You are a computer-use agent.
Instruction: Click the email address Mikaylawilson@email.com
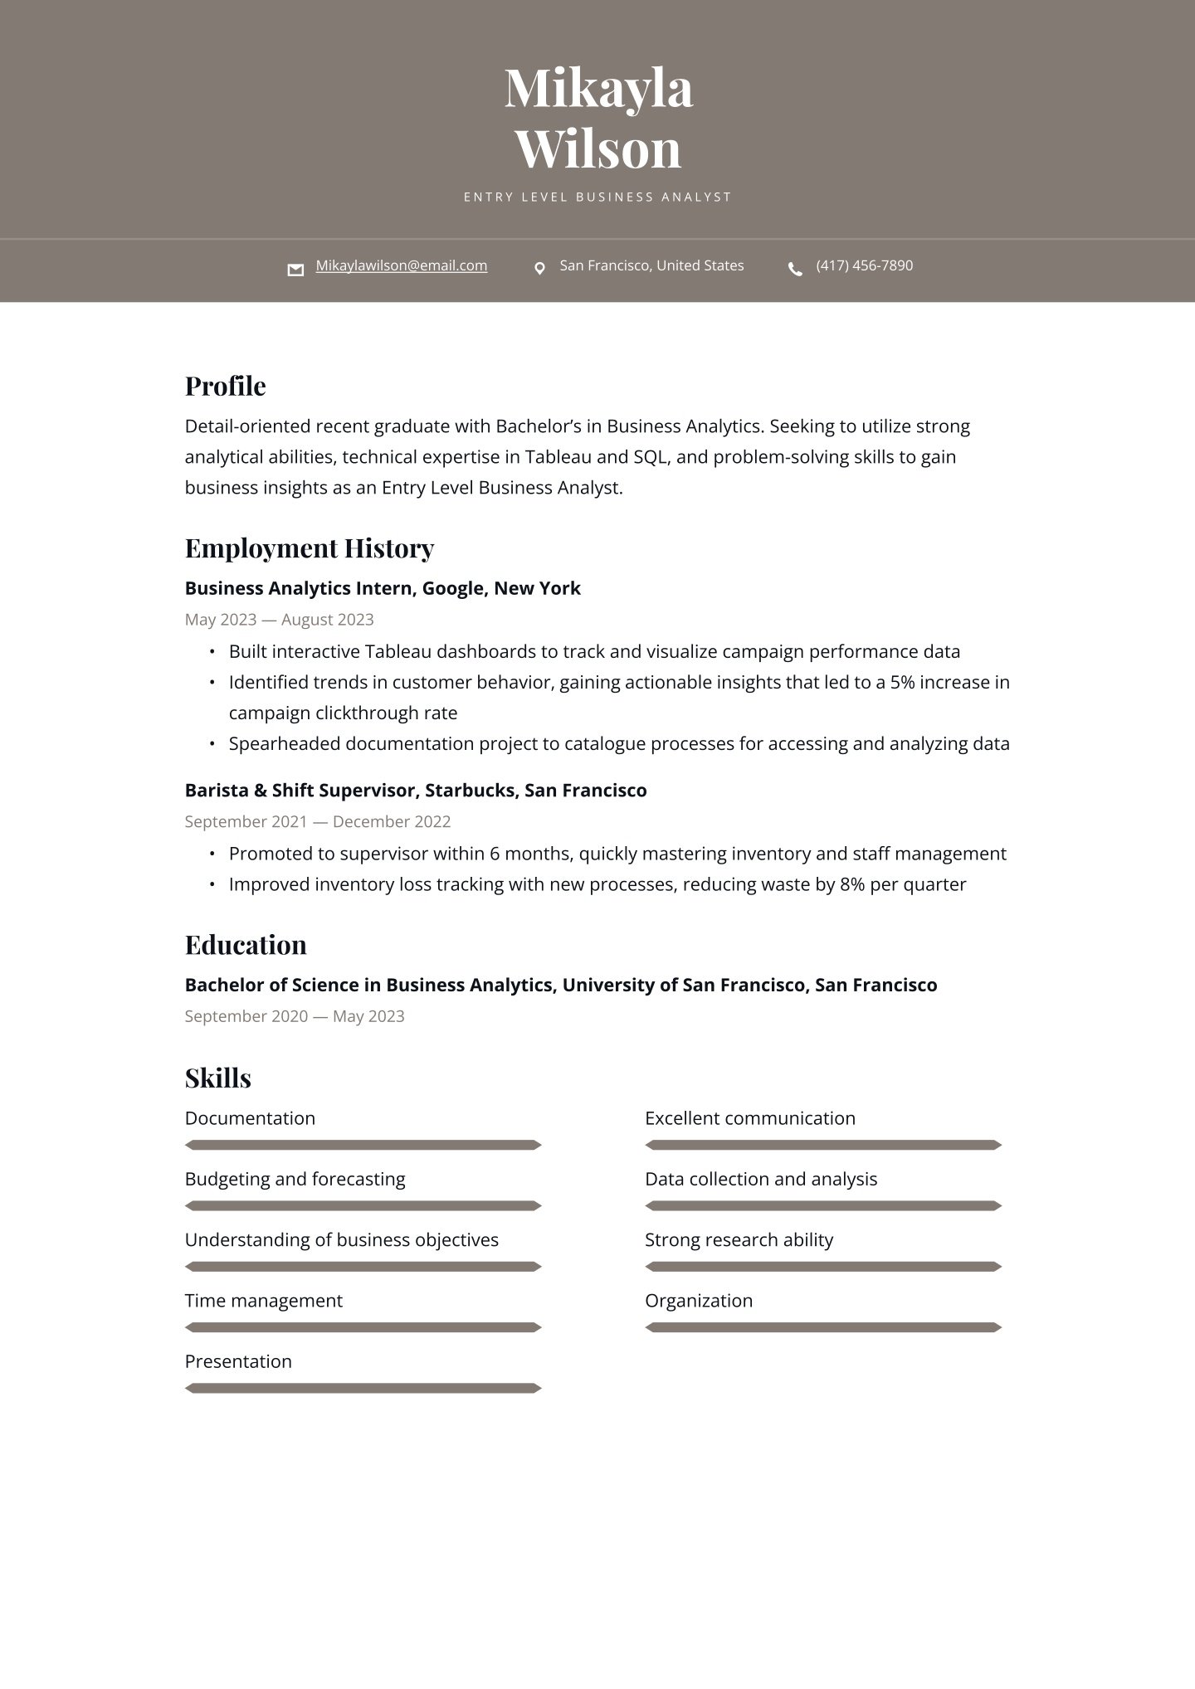pyautogui.click(x=401, y=265)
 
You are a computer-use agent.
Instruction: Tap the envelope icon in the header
pyautogui.click(x=295, y=270)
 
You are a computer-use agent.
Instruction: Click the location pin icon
pyautogui.click(x=539, y=269)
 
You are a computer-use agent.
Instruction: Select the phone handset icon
pyautogui.click(x=795, y=269)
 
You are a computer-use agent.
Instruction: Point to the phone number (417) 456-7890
pyautogui.click(x=864, y=265)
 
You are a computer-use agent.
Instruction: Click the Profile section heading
pyautogui.click(x=225, y=386)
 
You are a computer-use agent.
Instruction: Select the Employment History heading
pyautogui.click(x=309, y=548)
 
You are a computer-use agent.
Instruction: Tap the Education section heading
pyautogui.click(x=245, y=945)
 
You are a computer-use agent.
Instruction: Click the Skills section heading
pyautogui.click(x=217, y=1078)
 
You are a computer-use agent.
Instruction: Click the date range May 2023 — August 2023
pyautogui.click(x=279, y=620)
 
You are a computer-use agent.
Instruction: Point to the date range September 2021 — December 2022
pyautogui.click(x=317, y=822)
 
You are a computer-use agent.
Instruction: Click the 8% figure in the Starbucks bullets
pyautogui.click(x=852, y=885)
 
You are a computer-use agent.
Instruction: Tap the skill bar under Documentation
pyautogui.click(x=363, y=1145)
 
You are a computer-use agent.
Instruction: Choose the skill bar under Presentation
pyautogui.click(x=363, y=1388)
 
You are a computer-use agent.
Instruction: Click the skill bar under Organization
pyautogui.click(x=823, y=1327)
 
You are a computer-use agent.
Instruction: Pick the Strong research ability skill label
pyautogui.click(x=739, y=1240)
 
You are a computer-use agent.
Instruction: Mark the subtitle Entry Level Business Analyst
pyautogui.click(x=597, y=197)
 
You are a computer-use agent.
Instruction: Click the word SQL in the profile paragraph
pyautogui.click(x=651, y=457)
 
